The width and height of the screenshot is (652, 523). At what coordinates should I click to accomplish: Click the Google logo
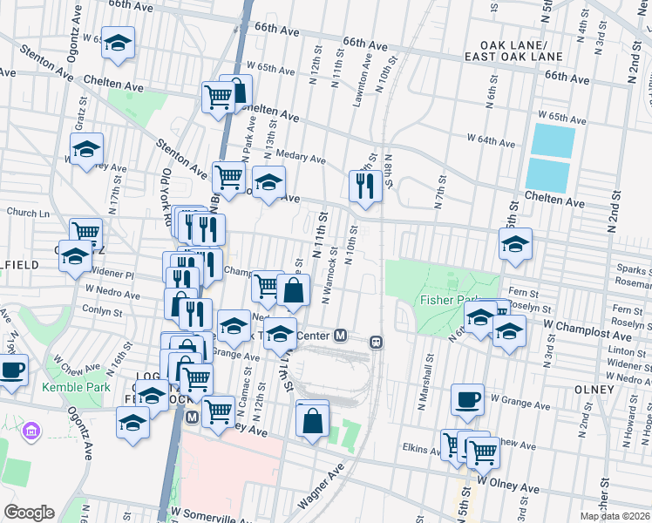point(29,513)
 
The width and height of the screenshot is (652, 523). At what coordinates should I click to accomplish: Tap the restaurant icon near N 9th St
point(364,185)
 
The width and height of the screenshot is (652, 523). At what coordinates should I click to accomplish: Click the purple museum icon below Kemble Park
point(32,430)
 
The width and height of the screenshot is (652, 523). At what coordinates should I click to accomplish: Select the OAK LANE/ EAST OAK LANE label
point(521,51)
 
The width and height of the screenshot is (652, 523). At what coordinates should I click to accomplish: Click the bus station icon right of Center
point(377,342)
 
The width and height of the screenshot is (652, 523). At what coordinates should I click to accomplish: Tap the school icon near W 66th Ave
point(118,43)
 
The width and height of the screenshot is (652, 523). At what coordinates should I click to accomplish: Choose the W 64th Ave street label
point(492,139)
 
